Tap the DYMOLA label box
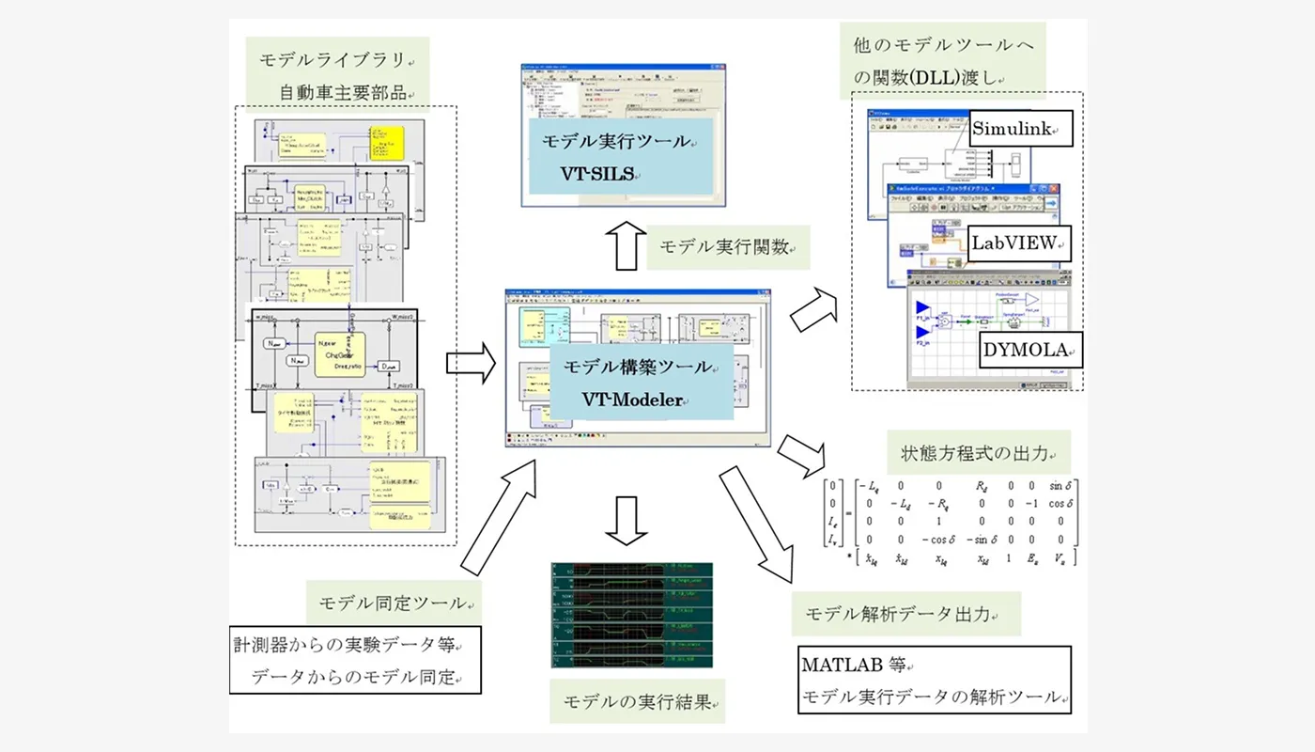[x=1029, y=350]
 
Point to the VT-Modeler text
[x=635, y=398]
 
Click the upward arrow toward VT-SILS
[x=621, y=246]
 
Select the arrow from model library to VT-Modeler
[x=470, y=363]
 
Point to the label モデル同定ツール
[x=394, y=603]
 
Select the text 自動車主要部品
[x=344, y=92]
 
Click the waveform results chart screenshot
[x=631, y=615]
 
